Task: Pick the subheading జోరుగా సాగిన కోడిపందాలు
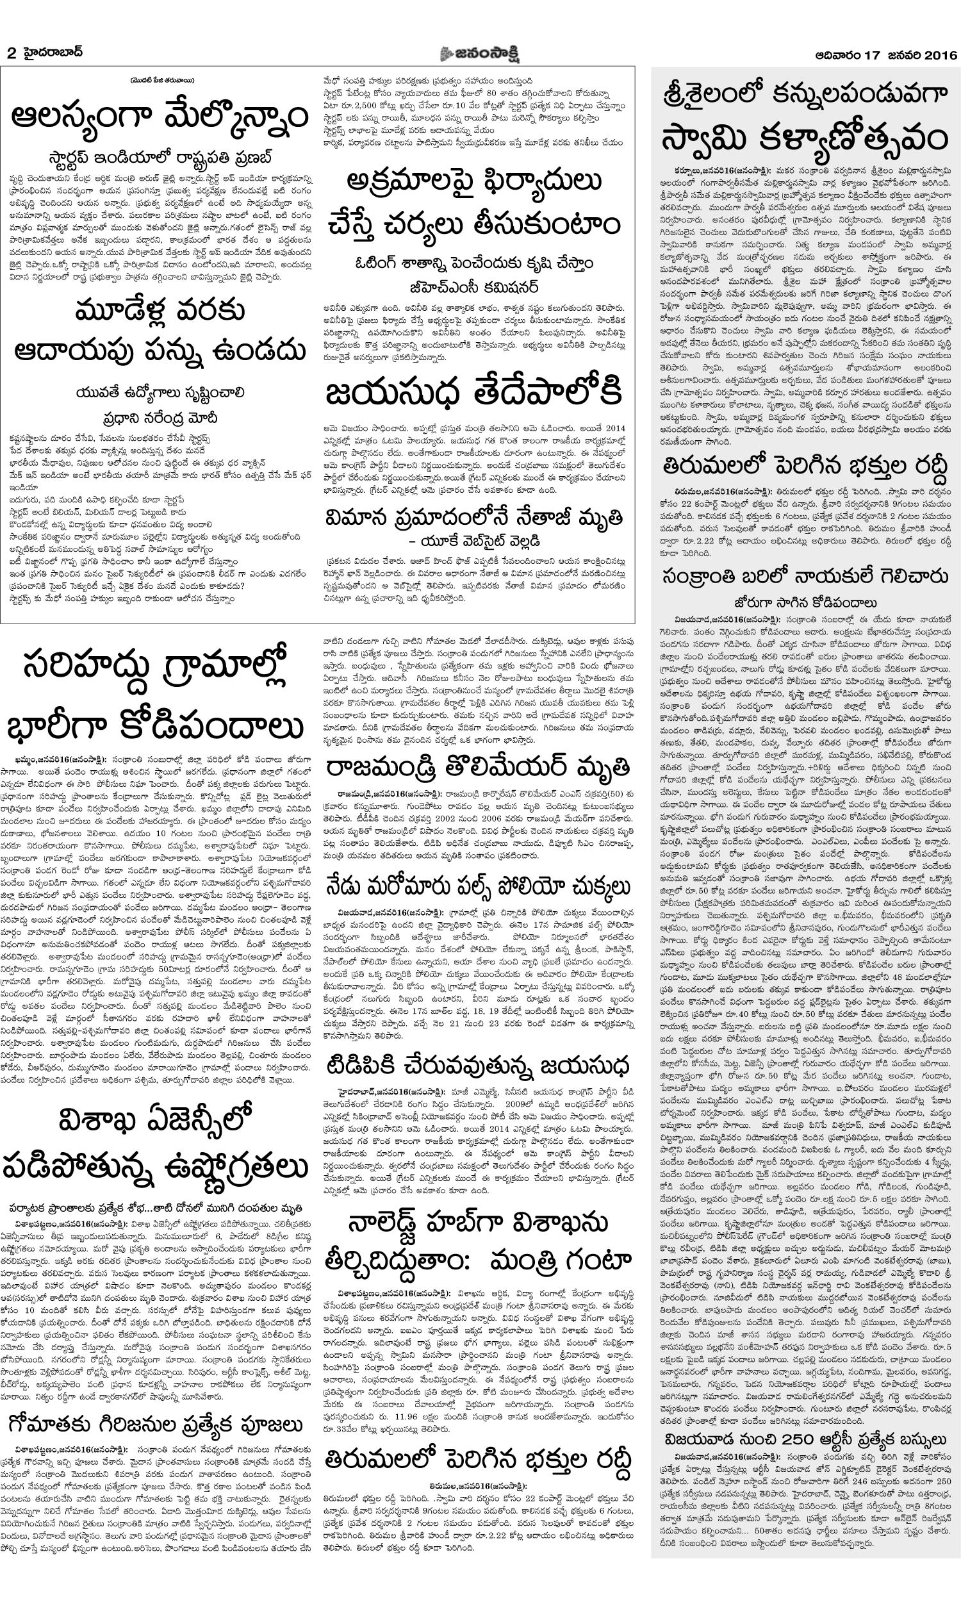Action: click(805, 602)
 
